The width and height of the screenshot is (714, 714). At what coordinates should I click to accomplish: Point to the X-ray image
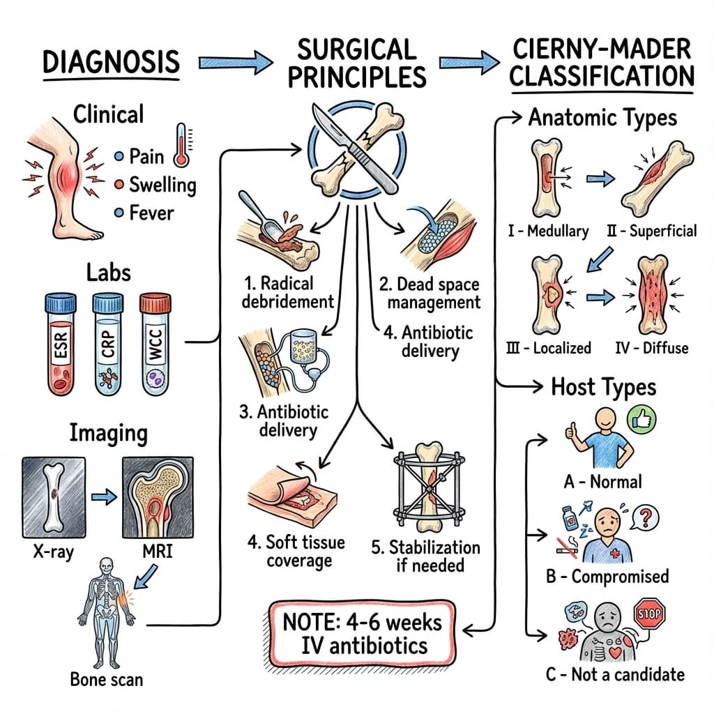(54, 494)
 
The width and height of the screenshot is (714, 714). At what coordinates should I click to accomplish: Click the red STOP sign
(651, 614)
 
